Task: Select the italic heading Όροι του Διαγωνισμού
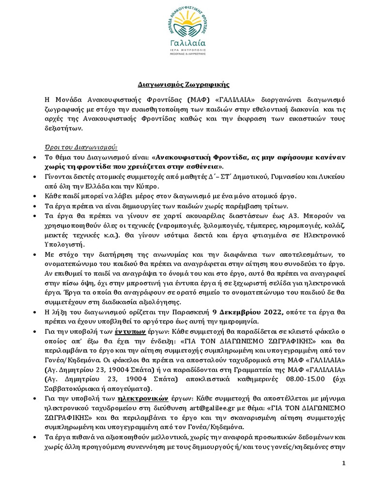coord(78,147)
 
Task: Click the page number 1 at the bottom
coord(344,463)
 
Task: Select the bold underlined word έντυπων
coord(127,332)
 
